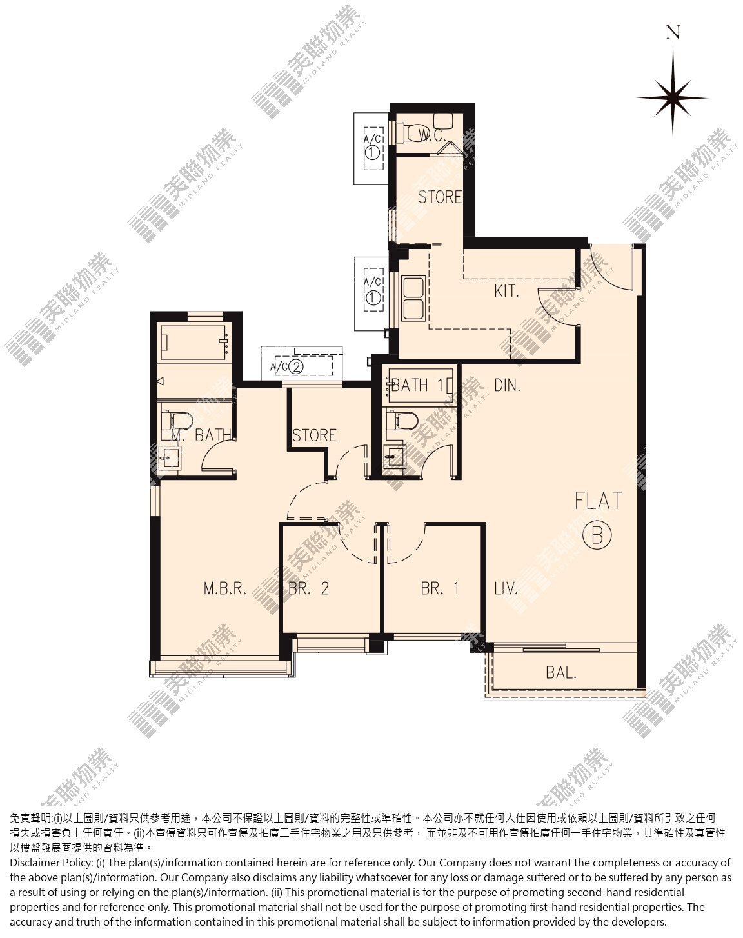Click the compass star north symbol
click(x=673, y=98)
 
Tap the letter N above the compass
click(x=673, y=32)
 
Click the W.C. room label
click(x=432, y=136)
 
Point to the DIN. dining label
click(x=507, y=385)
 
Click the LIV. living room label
click(x=506, y=589)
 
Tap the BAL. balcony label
click(x=561, y=673)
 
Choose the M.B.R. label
click(x=225, y=589)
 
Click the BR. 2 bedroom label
click(x=308, y=589)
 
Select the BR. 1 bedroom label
click(x=440, y=589)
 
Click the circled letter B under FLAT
click(x=597, y=535)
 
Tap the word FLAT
click(x=598, y=501)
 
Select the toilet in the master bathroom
click(x=177, y=421)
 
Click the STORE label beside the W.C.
click(x=440, y=197)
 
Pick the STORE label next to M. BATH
click(x=314, y=435)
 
